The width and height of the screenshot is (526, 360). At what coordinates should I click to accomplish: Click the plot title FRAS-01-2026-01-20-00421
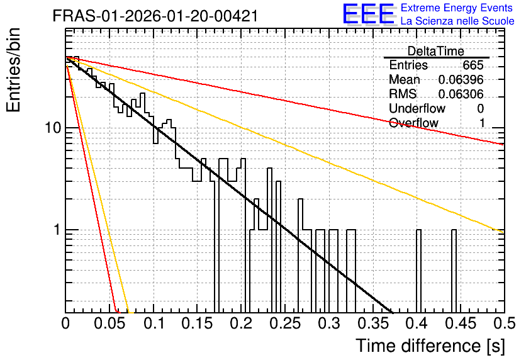click(x=155, y=16)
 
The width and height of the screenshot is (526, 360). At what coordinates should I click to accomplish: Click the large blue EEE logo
click(x=368, y=14)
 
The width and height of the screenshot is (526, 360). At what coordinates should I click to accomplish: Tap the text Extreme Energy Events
click(x=456, y=8)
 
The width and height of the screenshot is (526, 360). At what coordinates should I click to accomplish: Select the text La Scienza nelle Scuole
click(x=457, y=21)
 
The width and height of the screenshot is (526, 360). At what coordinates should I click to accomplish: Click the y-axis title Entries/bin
click(x=13, y=70)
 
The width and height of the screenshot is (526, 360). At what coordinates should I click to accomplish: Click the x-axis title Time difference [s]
click(x=430, y=346)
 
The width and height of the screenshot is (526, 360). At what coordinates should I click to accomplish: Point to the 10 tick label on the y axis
click(x=53, y=128)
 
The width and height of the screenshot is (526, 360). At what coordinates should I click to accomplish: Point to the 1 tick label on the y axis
click(x=57, y=230)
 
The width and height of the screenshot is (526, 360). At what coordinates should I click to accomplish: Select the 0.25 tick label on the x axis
click(x=285, y=323)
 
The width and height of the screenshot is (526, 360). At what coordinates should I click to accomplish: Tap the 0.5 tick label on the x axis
click(x=504, y=323)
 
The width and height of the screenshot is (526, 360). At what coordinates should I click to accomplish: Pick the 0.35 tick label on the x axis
click(x=372, y=323)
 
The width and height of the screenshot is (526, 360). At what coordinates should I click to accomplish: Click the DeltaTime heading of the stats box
click(x=436, y=51)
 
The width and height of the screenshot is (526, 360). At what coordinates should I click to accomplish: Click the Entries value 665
click(x=473, y=65)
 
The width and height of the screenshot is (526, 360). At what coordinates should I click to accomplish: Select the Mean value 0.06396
click(x=461, y=79)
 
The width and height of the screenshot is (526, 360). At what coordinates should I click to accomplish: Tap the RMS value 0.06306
click(x=461, y=94)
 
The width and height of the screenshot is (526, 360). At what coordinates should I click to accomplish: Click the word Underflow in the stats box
click(x=417, y=108)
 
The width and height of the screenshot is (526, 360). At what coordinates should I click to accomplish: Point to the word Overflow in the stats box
click(x=413, y=123)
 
